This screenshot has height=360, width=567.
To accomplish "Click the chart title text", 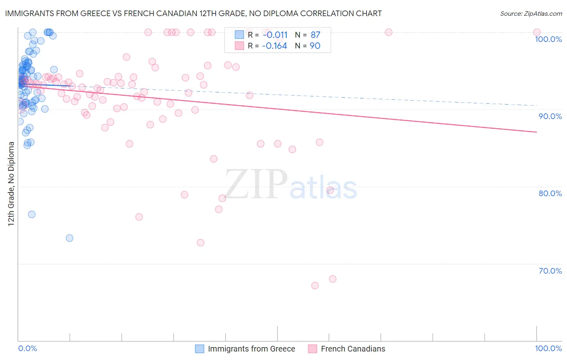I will [193, 13].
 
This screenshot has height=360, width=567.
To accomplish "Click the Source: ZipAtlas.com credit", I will [531, 13].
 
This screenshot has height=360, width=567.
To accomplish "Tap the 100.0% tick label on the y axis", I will [548, 39].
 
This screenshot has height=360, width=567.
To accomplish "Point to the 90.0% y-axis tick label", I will [550, 116].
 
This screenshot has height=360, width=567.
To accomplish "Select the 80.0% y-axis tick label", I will [550, 193].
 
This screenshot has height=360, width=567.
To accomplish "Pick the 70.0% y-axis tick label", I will [550, 271].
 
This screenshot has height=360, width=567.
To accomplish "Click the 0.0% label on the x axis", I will [27, 348].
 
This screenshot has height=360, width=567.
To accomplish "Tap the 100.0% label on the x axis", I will [548, 348].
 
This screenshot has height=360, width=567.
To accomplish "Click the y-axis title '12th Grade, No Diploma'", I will [11, 184].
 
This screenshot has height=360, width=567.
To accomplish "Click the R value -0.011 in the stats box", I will [275, 35].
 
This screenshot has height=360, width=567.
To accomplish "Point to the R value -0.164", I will [274, 46].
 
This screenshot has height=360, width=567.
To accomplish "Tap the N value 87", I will [315, 35].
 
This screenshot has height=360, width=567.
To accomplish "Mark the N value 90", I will [315, 46].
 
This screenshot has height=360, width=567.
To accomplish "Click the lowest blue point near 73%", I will [69, 238].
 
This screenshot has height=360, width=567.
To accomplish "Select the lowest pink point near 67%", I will [315, 285].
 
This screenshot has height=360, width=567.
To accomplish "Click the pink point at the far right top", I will [537, 32].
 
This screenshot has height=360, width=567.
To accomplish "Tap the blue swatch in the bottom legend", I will [200, 349].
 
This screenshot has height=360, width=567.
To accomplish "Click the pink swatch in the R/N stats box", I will [240, 46].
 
